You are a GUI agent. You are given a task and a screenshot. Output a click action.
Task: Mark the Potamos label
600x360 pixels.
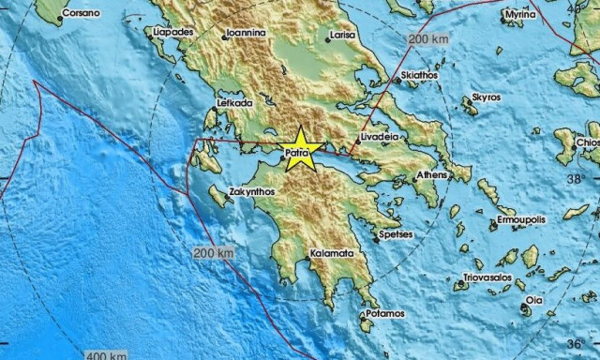click(x=386, y=313)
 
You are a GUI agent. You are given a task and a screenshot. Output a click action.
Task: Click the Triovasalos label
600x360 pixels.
click(x=487, y=278)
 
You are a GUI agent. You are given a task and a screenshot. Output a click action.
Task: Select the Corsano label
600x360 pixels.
click(x=81, y=15)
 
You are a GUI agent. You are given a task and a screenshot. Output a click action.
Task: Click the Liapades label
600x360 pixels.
click(x=173, y=33)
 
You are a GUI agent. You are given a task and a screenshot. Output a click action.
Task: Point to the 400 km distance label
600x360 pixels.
click(x=105, y=354)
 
